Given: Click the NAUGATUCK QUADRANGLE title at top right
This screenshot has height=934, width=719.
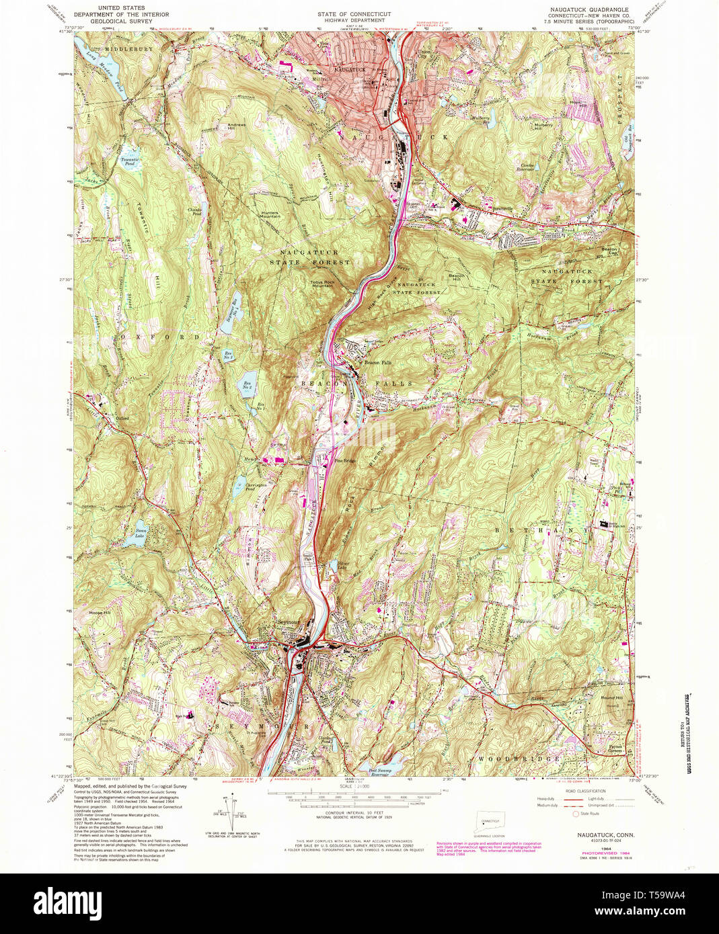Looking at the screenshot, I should click(601, 15).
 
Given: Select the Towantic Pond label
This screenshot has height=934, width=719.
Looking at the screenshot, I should click(129, 162).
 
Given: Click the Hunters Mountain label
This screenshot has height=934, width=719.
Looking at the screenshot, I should click(270, 215).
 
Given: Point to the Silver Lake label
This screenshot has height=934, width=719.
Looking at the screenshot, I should click(343, 564).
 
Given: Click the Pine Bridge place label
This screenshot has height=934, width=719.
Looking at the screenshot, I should click(344, 461).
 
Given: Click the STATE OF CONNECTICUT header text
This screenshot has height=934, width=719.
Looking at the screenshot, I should click(354, 14).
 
